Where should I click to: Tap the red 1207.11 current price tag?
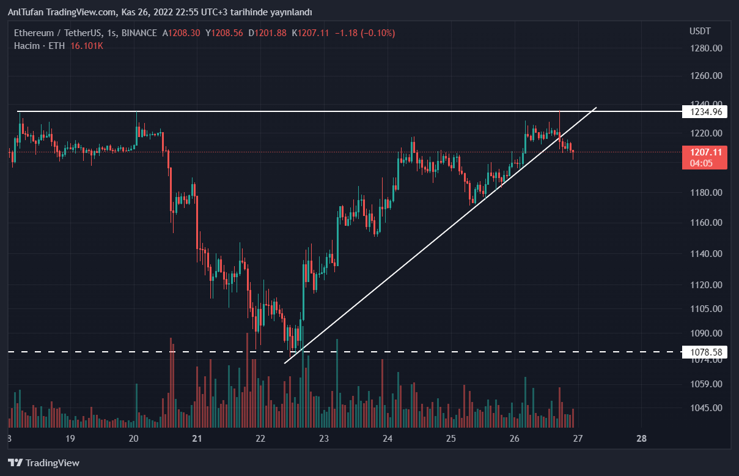pos(705,152)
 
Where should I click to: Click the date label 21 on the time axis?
pos(197,439)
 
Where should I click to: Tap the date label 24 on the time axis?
pos(387,439)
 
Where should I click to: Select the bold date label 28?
pos(641,439)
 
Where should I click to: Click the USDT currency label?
pos(700,31)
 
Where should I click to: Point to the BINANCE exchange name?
pos(139,33)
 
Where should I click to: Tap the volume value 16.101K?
pos(87,46)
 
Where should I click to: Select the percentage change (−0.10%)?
pos(378,33)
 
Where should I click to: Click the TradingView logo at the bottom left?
pos(43,463)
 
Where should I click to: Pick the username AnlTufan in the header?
pos(24,12)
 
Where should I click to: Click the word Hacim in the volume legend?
pos(27,46)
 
